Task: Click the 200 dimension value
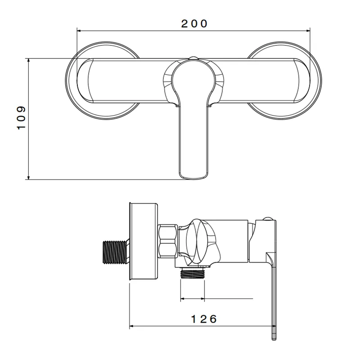pos(194,24)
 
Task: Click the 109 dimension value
pos(21,118)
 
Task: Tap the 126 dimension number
pos(204,319)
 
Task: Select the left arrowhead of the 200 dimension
pos(79,30)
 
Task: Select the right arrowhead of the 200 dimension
pos(308,30)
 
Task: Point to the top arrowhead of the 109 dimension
pos(28,60)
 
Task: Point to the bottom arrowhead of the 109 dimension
pos(28,177)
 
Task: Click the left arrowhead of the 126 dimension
pos(131,326)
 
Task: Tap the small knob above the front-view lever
pos(193,58)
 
